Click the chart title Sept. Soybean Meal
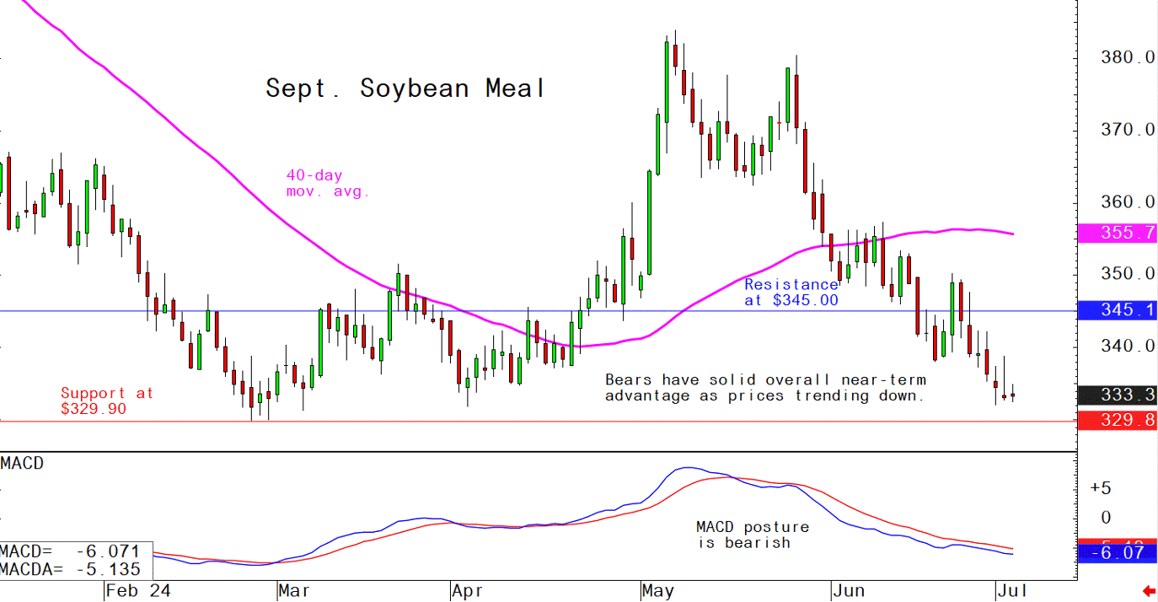pos(405,89)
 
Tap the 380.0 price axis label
pos(1127,58)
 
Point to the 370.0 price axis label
pos(1127,130)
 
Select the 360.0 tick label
pos(1127,202)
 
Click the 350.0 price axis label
pos(1127,274)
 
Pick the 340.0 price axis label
pos(1127,346)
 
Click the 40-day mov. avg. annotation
pos(328,184)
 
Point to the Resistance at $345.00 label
pos(791,292)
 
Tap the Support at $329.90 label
pos(106,400)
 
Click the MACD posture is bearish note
pos(752,535)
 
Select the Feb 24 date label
pos(139,590)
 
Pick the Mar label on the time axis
pos(292,590)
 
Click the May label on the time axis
pos(657,590)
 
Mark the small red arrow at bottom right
pos(1147,590)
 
